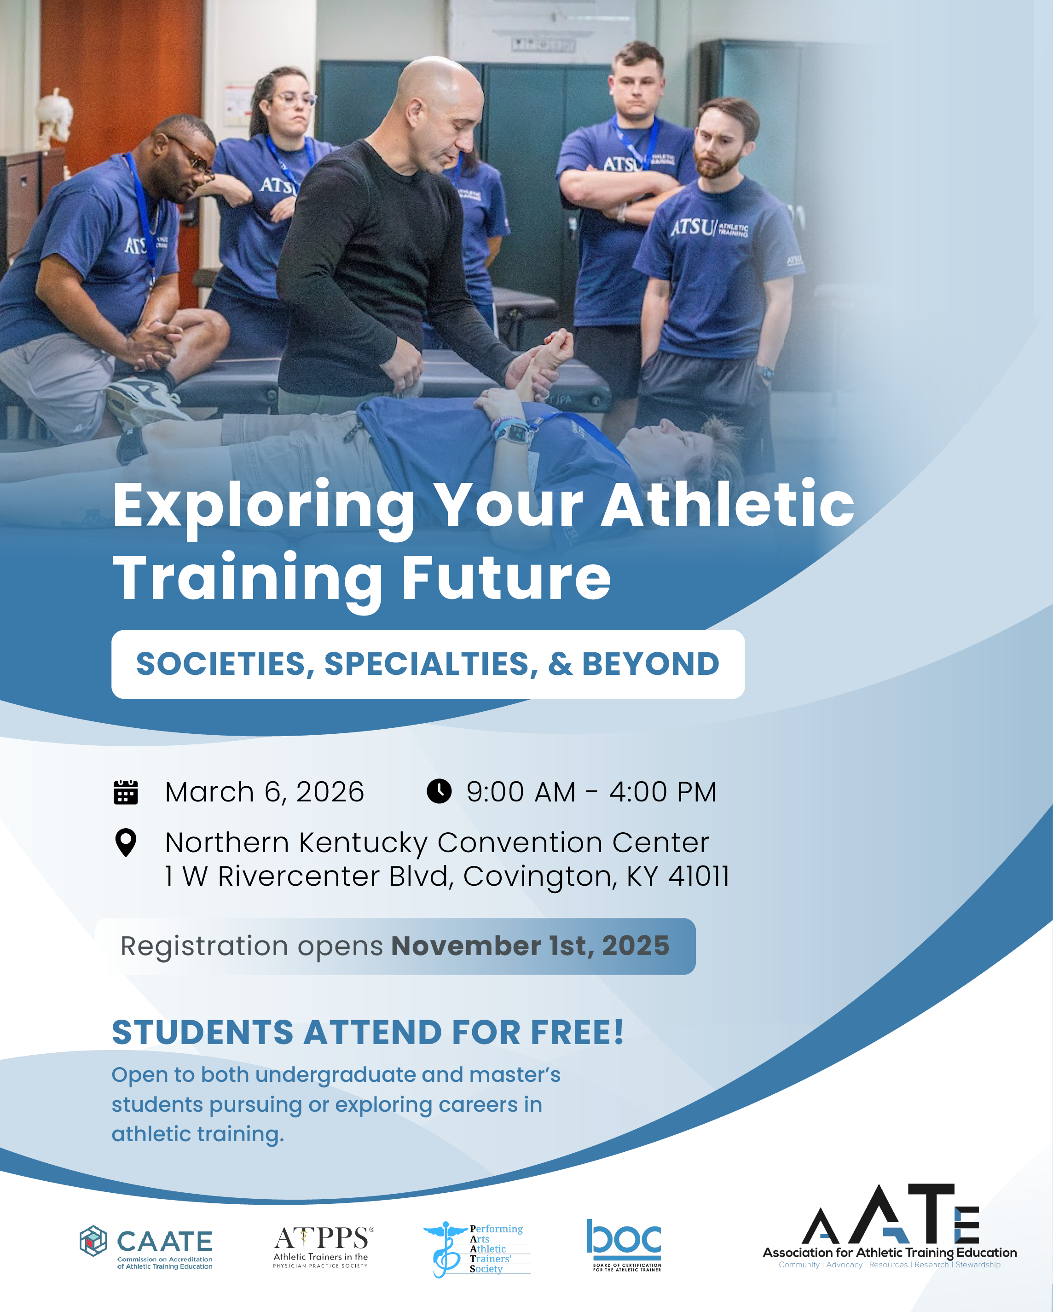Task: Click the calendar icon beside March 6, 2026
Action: click(x=126, y=792)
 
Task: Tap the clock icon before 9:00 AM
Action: click(x=439, y=791)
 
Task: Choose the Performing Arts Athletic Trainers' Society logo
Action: click(x=477, y=1249)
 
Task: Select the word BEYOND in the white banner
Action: click(x=651, y=664)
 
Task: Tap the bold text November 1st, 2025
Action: click(x=530, y=946)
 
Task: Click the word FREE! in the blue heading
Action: click(x=577, y=1033)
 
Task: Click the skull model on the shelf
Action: click(x=53, y=116)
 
